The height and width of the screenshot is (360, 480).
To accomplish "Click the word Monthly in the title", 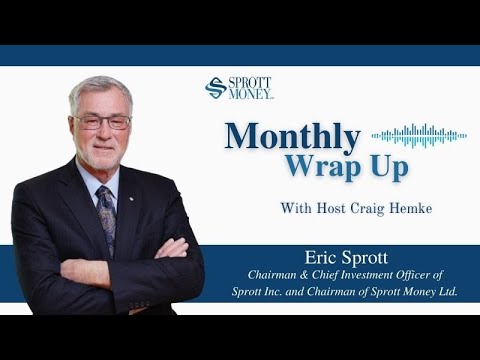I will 291,135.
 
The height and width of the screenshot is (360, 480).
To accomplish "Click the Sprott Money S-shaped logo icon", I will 215,88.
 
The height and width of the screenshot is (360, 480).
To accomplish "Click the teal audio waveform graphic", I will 419,135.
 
